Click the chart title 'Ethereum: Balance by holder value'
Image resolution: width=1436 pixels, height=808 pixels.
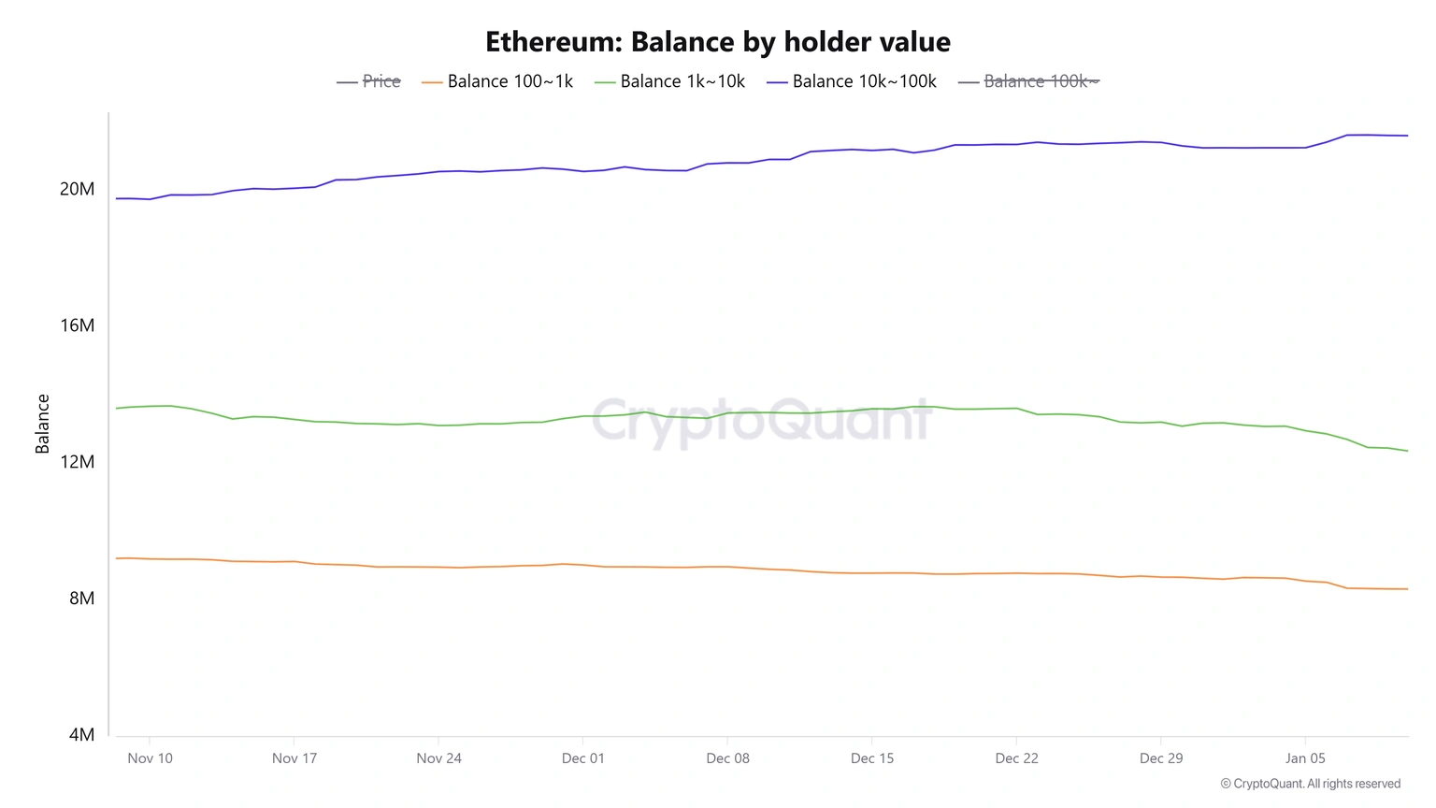point(717,42)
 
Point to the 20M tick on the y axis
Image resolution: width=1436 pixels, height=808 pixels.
point(78,189)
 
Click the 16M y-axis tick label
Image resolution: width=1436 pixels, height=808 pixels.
point(78,325)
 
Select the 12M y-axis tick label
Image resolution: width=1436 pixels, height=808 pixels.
point(78,462)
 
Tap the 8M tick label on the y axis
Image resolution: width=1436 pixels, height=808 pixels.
point(82,599)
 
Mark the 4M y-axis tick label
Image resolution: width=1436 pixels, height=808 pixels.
point(82,735)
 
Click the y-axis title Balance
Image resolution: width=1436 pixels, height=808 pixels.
point(42,424)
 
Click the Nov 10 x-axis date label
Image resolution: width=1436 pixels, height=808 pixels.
point(150,758)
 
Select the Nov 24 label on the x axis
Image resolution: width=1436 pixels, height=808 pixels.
point(438,758)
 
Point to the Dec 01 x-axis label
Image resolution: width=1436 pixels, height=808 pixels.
point(582,758)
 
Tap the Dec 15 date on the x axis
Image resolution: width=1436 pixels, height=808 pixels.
point(871,758)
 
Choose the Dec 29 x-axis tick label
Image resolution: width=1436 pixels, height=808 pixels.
point(1160,758)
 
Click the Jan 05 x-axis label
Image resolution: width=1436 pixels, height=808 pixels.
point(1305,758)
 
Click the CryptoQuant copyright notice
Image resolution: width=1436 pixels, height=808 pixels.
point(1310,784)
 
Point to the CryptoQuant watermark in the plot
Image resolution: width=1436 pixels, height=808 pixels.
point(762,421)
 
